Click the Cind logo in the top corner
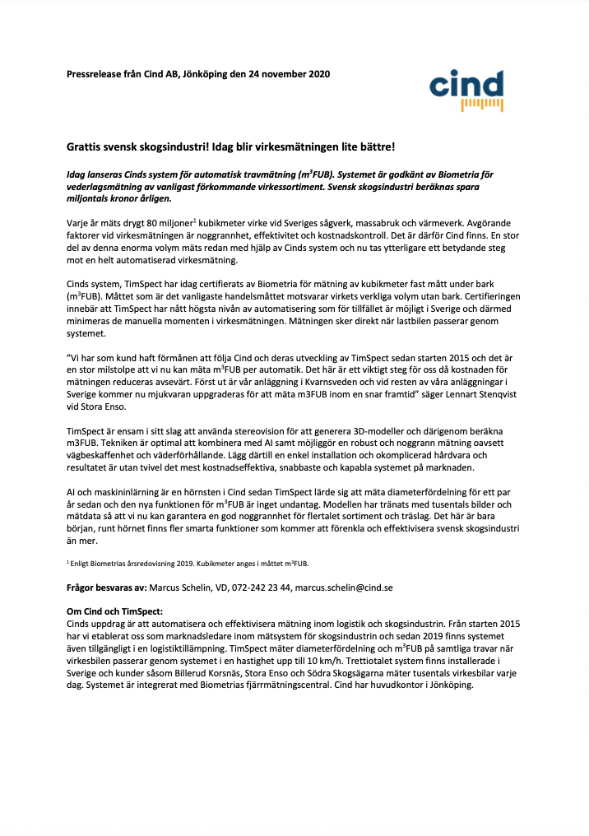(466, 90)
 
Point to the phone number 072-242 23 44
(256, 588)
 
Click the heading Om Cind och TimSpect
(115, 611)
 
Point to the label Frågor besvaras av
(106, 588)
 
